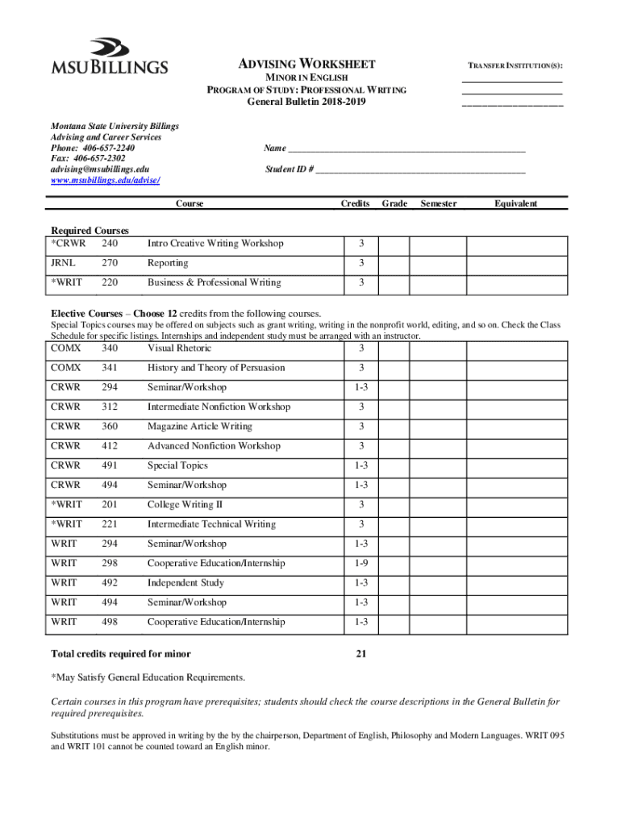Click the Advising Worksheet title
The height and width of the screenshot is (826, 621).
click(x=306, y=65)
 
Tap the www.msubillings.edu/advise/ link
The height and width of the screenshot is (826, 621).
click(x=105, y=181)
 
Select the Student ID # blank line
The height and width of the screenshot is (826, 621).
click(x=420, y=170)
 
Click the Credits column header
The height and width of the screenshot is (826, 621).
click(x=355, y=204)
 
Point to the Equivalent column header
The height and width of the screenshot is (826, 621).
click(x=516, y=204)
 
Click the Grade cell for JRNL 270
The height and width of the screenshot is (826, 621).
click(x=394, y=264)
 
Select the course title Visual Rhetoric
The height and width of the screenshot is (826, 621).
click(x=179, y=348)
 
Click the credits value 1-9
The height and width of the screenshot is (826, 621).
click(x=361, y=564)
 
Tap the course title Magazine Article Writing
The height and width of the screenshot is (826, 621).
click(x=200, y=427)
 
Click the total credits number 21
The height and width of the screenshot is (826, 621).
click(x=361, y=654)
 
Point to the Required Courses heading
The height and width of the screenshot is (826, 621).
click(x=90, y=231)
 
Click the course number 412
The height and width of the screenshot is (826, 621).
click(x=110, y=446)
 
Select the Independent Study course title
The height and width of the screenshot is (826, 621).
click(x=185, y=583)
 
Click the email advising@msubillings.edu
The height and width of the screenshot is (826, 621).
click(x=100, y=169)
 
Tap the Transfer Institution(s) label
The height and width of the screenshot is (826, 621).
click(x=512, y=65)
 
